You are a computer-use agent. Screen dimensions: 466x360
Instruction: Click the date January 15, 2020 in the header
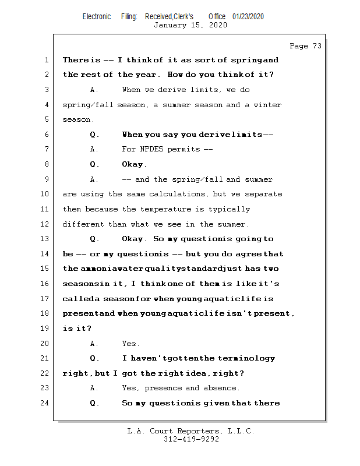click(190, 25)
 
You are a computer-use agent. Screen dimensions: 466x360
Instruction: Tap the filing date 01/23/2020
click(248, 16)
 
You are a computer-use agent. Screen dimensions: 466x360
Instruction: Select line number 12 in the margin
click(45, 224)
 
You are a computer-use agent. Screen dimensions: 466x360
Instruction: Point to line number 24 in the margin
click(45, 403)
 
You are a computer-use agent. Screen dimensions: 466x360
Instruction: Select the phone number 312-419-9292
click(191, 439)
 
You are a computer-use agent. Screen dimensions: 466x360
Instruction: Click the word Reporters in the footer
click(195, 431)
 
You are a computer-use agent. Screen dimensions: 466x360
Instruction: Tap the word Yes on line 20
click(130, 344)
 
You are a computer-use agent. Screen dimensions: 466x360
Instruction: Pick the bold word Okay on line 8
click(134, 164)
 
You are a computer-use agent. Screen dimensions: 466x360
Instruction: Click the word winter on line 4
click(267, 105)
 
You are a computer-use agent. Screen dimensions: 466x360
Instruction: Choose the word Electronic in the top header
click(97, 16)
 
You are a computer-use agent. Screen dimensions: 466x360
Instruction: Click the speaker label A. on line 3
click(94, 90)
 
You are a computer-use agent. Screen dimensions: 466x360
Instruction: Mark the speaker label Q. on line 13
click(94, 239)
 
